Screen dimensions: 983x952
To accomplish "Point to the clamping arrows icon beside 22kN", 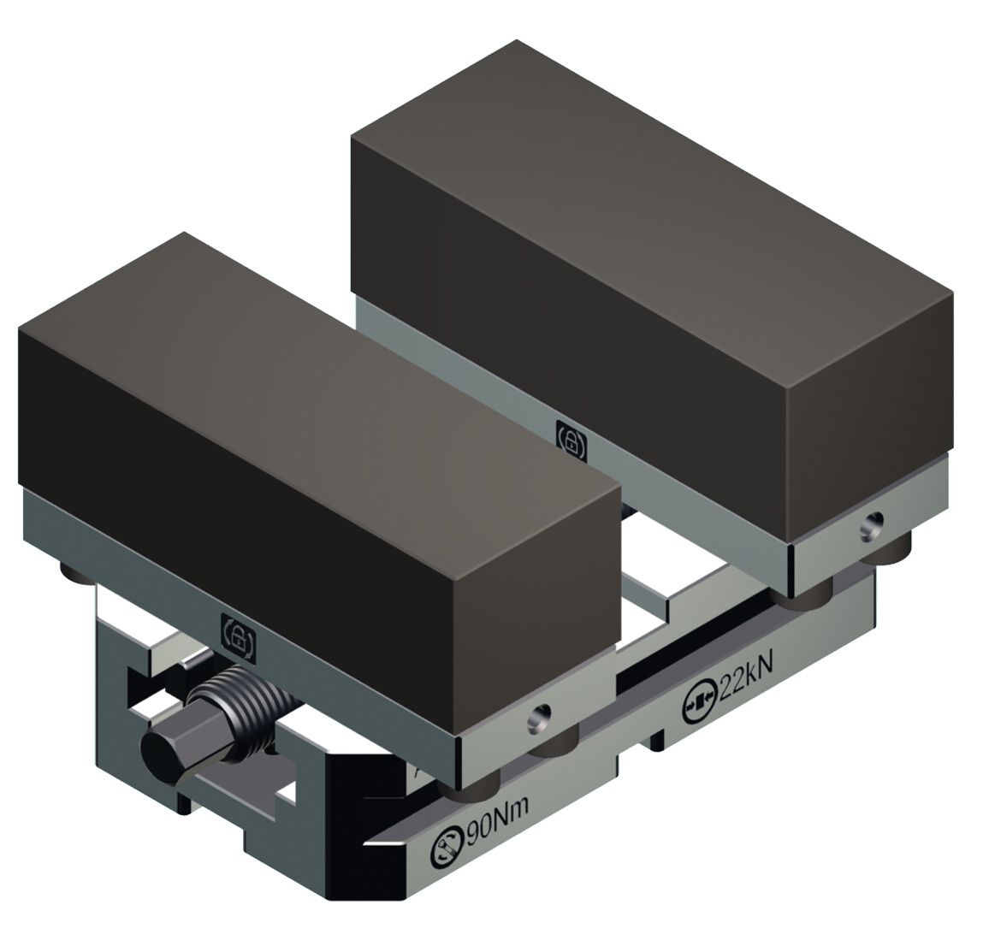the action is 698,702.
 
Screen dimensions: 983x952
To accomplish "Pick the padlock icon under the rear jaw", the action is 571,441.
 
